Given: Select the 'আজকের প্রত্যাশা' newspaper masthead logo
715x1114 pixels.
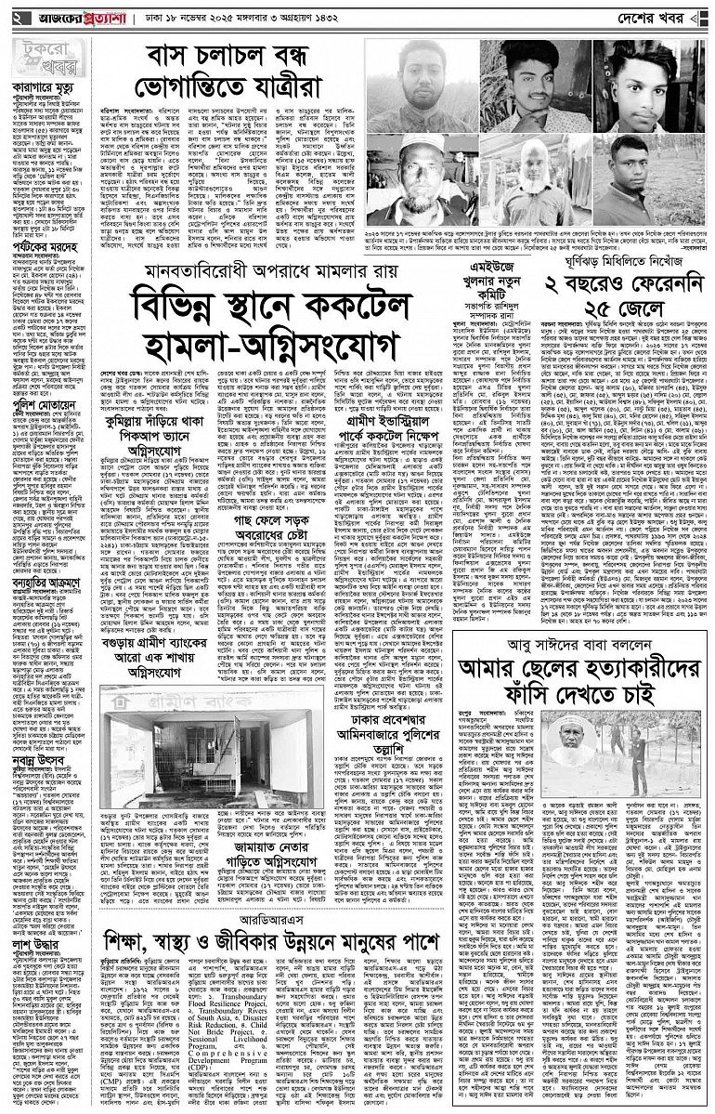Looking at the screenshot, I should tap(78, 18).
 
